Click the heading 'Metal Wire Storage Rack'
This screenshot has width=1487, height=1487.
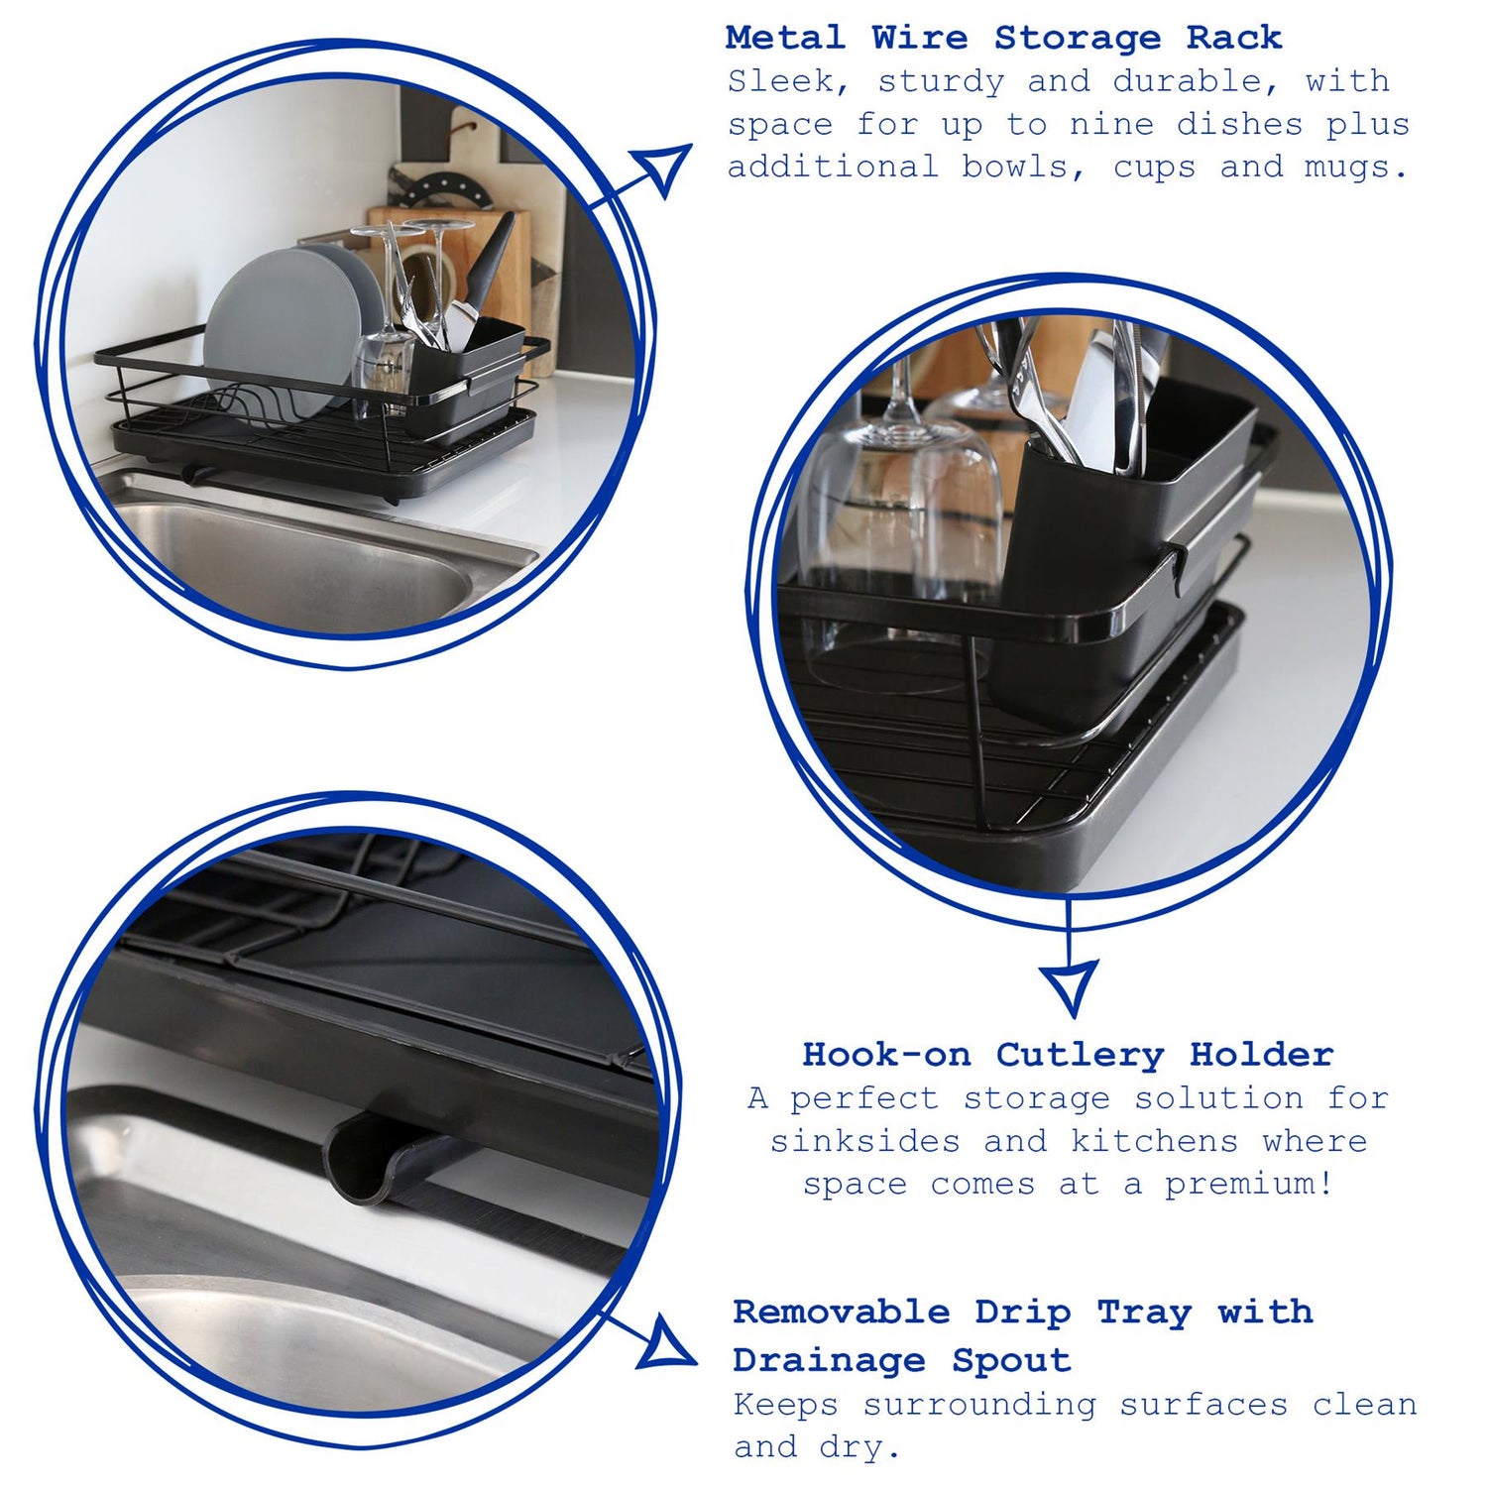(x=1003, y=39)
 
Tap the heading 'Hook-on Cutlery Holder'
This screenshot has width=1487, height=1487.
(x=1068, y=1055)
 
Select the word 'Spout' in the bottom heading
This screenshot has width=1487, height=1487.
(x=1011, y=1360)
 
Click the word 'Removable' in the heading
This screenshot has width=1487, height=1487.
(x=842, y=1313)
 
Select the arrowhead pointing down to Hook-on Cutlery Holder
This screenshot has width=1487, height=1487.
(x=1071, y=984)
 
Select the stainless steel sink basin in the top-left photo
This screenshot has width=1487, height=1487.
(x=297, y=565)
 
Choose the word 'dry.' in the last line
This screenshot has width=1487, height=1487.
(x=859, y=1447)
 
